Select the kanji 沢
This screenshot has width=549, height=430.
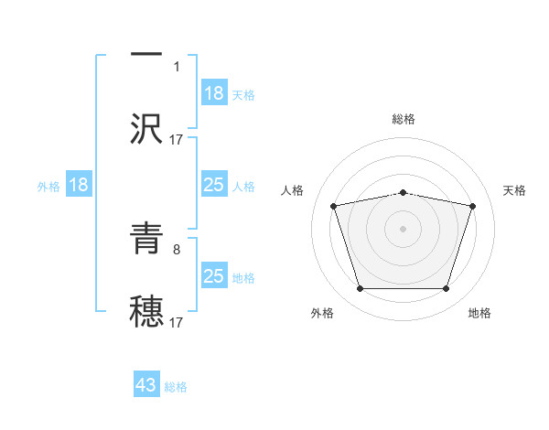pyautogui.click(x=146, y=129)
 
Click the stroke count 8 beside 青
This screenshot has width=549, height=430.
pyautogui.click(x=176, y=248)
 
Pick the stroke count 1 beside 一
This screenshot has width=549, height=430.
pyautogui.click(x=176, y=66)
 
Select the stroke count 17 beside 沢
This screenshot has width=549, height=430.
pyautogui.click(x=177, y=139)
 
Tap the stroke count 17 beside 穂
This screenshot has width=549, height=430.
pyautogui.click(x=177, y=322)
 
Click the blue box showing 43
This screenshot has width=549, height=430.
pyautogui.click(x=146, y=386)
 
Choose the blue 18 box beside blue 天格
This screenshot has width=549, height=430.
pyautogui.click(x=214, y=93)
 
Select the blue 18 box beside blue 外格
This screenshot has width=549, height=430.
pyautogui.click(x=79, y=185)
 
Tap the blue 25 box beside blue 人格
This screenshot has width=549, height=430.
pyautogui.click(x=214, y=185)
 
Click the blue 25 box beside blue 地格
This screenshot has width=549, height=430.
pyautogui.click(x=214, y=276)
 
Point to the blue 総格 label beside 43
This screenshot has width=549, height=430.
pyautogui.click(x=176, y=387)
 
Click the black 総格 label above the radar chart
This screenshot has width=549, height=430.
pyautogui.click(x=404, y=119)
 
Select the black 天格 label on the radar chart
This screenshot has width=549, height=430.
pyautogui.click(x=515, y=190)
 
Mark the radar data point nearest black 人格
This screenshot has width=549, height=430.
pyautogui.click(x=334, y=206)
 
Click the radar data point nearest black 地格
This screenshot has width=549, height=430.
pyautogui.click(x=446, y=289)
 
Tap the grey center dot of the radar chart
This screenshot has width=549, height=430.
pyautogui.click(x=404, y=229)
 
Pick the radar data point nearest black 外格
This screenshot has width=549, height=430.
pyautogui.click(x=361, y=289)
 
